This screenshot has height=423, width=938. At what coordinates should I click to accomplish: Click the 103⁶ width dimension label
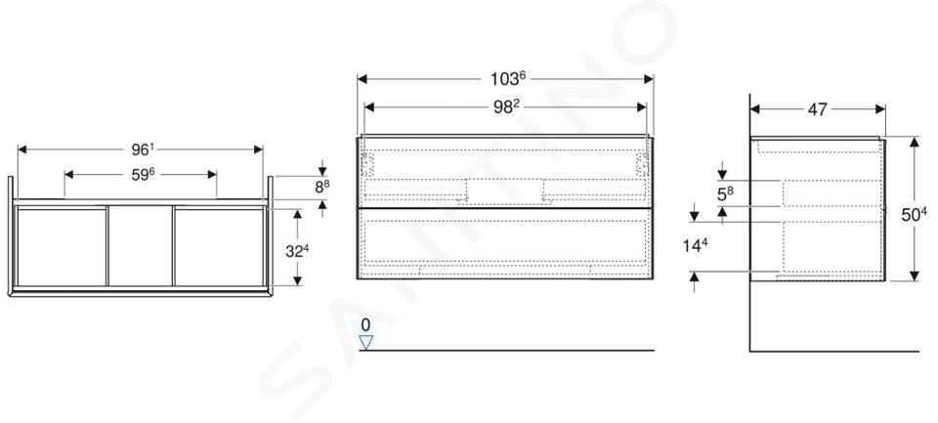coord(507,78)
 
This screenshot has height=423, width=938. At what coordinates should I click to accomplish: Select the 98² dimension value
coord(505,106)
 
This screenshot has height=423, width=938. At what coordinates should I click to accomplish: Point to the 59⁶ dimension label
coord(143,175)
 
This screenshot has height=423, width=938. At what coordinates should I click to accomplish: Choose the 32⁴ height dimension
coord(297,251)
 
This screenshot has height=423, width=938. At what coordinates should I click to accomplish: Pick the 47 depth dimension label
coord(817,109)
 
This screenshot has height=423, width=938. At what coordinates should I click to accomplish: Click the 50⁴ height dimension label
coord(915,215)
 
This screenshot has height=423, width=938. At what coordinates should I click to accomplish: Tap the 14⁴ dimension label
coord(695,245)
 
